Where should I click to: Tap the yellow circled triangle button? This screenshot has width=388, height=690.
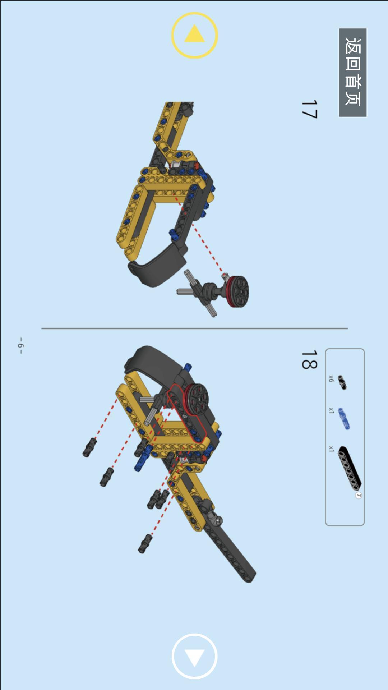coord(194,35)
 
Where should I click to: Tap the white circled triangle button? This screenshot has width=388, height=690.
coord(194,656)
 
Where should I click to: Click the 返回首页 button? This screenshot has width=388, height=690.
coord(353,73)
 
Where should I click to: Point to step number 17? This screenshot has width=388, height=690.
coord(309,109)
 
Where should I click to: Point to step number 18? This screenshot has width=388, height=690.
coord(309,359)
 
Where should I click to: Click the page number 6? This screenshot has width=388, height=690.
coord(21,345)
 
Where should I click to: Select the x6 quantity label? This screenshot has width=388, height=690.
coord(331,378)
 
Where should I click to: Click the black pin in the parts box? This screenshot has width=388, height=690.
coord(343,383)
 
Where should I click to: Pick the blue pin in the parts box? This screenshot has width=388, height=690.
coord(344,419)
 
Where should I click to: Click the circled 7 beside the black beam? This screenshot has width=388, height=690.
coord(358,495)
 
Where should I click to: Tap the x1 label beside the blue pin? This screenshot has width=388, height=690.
coord(331,410)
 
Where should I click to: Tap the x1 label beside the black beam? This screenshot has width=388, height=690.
coord(331,449)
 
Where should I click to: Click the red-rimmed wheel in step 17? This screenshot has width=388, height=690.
coord(237,291)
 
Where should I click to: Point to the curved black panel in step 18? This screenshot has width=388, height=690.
coord(151,363)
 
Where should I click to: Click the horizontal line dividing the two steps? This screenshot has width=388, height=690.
coord(194,328)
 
